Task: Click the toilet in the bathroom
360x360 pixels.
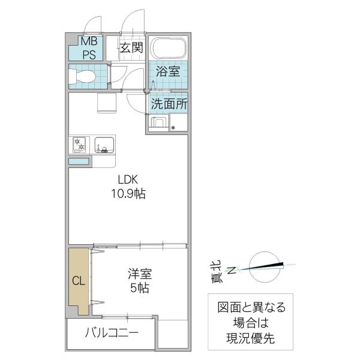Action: pyautogui.click(x=83, y=77)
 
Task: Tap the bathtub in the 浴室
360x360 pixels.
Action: pyautogui.click(x=168, y=49)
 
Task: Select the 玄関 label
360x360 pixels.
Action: pyautogui.click(x=131, y=48)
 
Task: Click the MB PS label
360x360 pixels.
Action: pyautogui.click(x=88, y=47)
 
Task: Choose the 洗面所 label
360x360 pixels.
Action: pyautogui.click(x=169, y=103)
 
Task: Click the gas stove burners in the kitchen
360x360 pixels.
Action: pyautogui.click(x=79, y=145)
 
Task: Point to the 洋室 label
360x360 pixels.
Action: pyautogui.click(x=139, y=274)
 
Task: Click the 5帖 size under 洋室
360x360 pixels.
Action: pyautogui.click(x=139, y=288)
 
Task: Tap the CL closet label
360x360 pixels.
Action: pyautogui.click(x=79, y=280)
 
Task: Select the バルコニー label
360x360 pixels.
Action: pyautogui.click(x=112, y=333)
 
